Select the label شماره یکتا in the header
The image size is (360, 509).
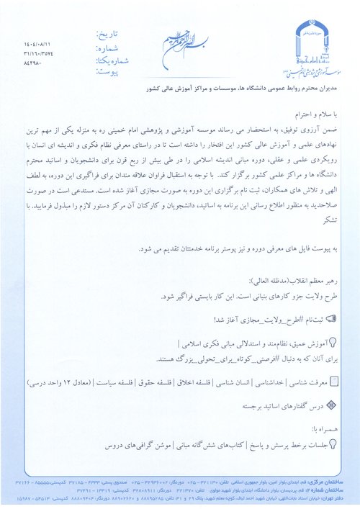pyautogui.click(x=107, y=53)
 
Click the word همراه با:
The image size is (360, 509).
pyautogui.click(x=320, y=426)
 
